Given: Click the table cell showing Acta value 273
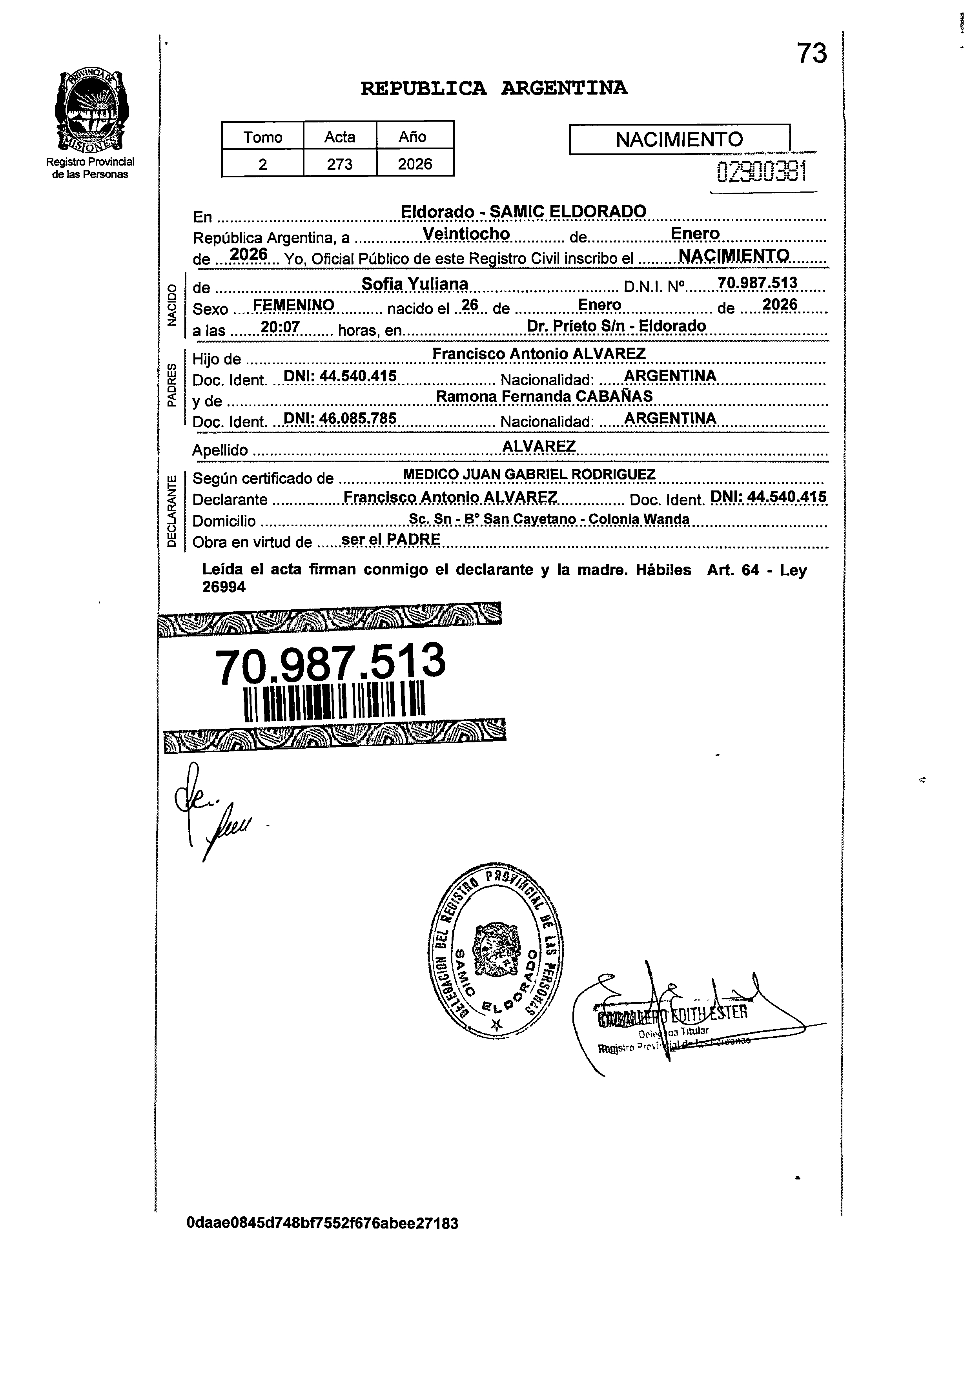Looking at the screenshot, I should (x=340, y=164).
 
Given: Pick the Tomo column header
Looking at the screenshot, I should (x=262, y=137).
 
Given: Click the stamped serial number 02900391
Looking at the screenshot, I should (x=761, y=172).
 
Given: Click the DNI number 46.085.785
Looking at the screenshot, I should (x=340, y=418).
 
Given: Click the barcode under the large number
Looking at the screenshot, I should (x=334, y=700).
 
